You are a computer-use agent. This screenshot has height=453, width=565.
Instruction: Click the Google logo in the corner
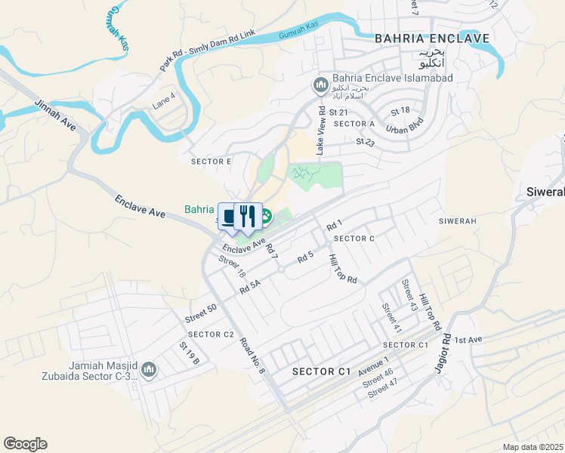pos(25,444)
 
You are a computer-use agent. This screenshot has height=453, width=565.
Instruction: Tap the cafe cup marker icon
pos(230,215)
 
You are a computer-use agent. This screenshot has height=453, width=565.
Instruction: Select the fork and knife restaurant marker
pos(246,215)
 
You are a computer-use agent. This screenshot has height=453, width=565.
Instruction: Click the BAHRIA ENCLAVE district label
pos(432,39)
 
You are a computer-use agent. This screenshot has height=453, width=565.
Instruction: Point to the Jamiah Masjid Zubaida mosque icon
pos(149,369)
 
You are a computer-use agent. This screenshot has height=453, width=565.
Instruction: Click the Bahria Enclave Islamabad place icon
pos(320,85)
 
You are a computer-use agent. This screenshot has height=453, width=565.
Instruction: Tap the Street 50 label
pos(201,313)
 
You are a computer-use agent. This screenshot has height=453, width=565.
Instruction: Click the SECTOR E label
pos(211,162)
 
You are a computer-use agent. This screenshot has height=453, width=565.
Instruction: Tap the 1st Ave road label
pos(468,341)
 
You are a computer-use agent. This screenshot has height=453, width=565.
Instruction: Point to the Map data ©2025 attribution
pos(532,447)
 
